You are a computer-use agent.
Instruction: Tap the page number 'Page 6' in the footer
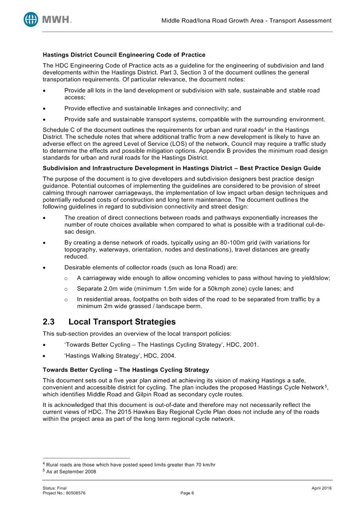[187, 493]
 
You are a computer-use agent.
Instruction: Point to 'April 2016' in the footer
[322, 488]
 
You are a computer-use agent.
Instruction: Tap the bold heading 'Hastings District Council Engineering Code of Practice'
[124, 55]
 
